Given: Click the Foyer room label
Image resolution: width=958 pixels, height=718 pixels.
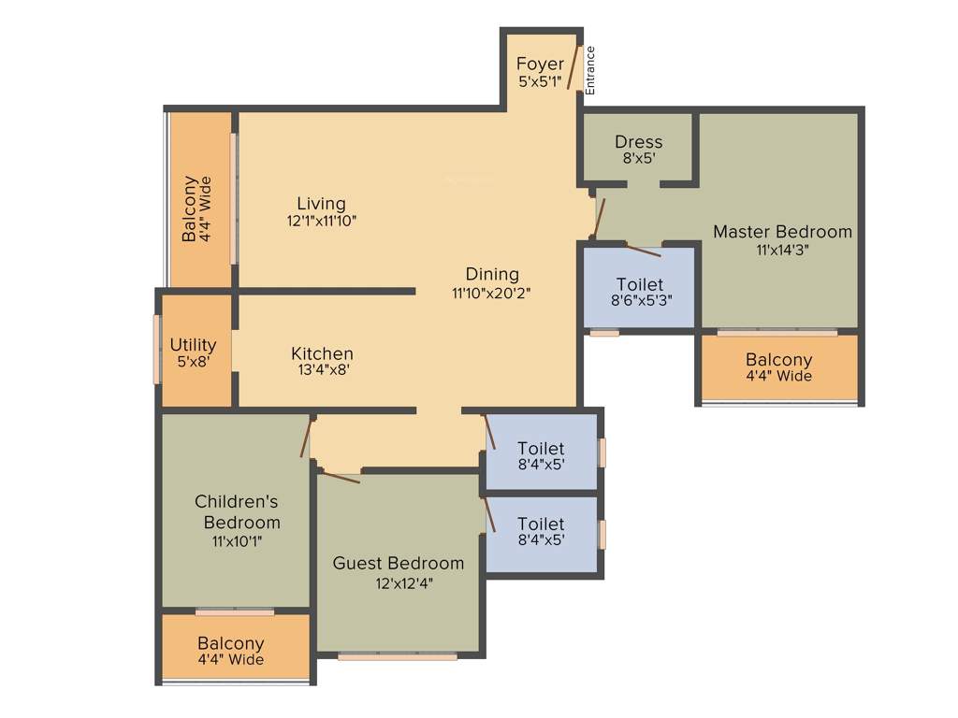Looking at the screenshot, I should coord(540,65).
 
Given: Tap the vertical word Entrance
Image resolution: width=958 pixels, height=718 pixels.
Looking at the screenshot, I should coord(590,70).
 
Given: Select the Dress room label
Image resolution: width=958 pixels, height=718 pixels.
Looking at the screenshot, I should coord(638,142).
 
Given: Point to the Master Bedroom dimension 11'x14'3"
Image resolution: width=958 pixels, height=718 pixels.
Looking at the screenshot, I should coord(782,250).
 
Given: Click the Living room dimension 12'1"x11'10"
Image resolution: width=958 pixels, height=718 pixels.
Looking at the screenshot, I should coord(322,221).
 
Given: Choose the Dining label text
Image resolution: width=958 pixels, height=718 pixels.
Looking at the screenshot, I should coord(492,274).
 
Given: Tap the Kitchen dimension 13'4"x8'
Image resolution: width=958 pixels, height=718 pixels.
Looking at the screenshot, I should coord(322,370).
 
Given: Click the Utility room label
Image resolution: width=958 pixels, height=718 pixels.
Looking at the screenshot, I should coord(193,345).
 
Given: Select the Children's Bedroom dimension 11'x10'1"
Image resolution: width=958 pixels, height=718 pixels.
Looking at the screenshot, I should coord(237,540).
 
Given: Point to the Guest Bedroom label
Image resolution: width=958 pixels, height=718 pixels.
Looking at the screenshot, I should coord(398,563).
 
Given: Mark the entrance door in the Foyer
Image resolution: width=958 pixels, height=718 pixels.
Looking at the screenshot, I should coord(573,69).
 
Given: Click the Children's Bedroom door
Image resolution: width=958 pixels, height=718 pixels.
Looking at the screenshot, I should coord(305,438).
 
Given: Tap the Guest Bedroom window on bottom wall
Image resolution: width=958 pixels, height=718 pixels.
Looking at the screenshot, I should coord(398,656).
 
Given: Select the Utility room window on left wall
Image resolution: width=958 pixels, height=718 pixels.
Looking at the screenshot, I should coord(156,349).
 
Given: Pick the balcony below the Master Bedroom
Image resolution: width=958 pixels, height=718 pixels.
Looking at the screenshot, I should coord(778,368).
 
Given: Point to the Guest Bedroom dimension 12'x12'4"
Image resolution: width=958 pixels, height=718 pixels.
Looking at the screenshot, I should coord(398,583).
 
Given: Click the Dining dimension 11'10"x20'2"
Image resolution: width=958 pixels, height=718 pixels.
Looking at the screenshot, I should coord(492,293).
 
